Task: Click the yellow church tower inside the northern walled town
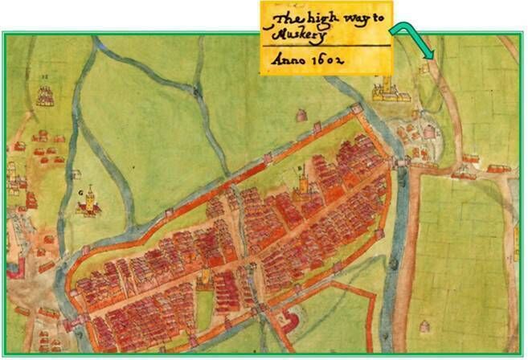click(x=305, y=184)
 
